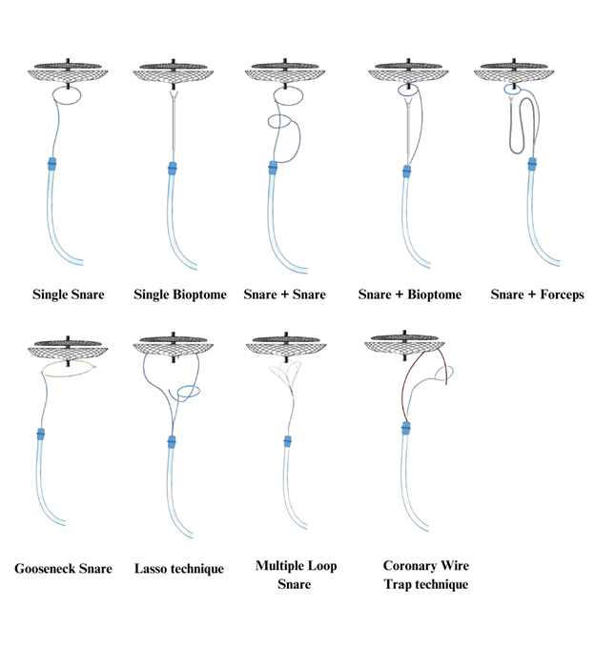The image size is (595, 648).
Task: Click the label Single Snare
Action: point(69,294)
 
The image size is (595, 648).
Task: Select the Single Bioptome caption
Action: point(181,294)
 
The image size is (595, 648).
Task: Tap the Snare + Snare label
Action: point(284,294)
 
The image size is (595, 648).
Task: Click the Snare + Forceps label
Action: point(537,294)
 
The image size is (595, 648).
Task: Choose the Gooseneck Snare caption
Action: point(63,569)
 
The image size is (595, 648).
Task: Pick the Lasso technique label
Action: point(180,569)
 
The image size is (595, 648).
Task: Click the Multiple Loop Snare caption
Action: point(296,575)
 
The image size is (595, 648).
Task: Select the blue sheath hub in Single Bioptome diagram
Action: point(173,172)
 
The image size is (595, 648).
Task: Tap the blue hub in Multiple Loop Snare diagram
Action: point(288,442)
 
